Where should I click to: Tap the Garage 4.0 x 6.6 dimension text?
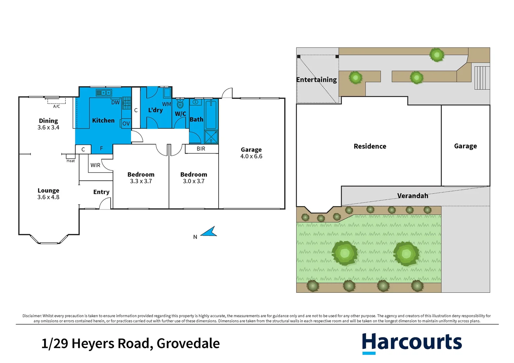click(251, 156)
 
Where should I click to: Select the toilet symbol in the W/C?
click(180, 103)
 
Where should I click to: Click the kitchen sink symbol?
click(104, 92)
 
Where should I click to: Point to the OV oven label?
click(126, 124)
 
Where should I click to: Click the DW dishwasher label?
click(115, 103)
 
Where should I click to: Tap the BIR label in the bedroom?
click(201, 149)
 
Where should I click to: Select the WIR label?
click(95, 165)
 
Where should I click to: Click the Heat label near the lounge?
click(71, 161)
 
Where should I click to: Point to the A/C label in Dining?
click(56, 107)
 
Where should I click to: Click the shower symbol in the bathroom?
click(211, 137)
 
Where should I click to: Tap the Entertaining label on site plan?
click(316, 80)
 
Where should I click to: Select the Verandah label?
click(412, 196)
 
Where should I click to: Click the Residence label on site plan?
click(370, 146)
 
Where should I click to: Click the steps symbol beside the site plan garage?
click(482, 78)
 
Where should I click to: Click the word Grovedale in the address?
click(188, 344)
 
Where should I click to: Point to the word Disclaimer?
click(32, 316)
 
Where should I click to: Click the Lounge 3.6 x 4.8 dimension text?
click(48, 197)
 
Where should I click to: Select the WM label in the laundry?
click(166, 104)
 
